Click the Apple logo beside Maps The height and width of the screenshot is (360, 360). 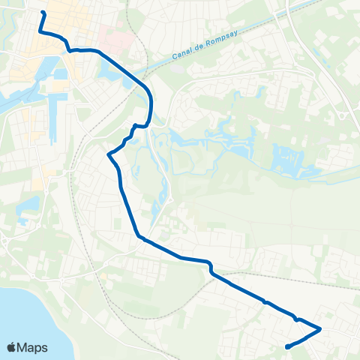11,347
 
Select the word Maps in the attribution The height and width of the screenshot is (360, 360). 33,347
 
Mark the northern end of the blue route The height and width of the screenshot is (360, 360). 43,13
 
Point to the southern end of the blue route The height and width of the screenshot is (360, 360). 288,346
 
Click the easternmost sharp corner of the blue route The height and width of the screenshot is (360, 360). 321,328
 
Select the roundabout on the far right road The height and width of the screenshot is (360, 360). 343,115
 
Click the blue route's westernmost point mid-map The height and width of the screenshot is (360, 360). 109,154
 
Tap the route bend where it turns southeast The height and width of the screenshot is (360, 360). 139,238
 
